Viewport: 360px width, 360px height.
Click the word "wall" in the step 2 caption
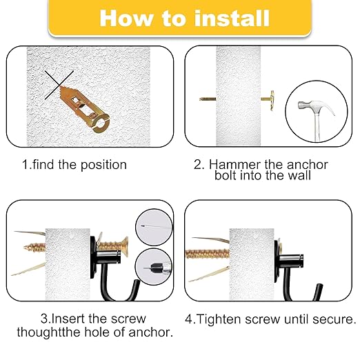click(x=301, y=176)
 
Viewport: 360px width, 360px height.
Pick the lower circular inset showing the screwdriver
click(x=152, y=266)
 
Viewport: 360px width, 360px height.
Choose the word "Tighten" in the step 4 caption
click(x=219, y=319)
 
